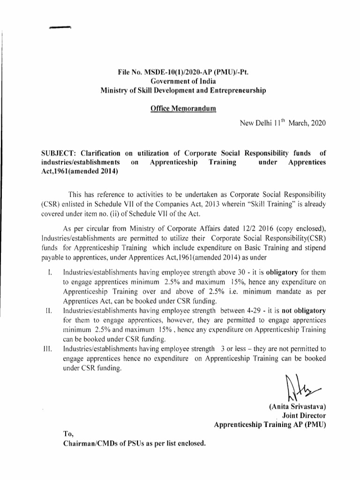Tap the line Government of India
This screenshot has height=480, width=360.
coord(180,82)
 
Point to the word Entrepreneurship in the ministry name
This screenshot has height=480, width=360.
coord(233,90)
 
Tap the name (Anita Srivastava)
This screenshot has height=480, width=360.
coord(298,407)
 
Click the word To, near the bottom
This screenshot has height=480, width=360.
coord(68,434)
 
